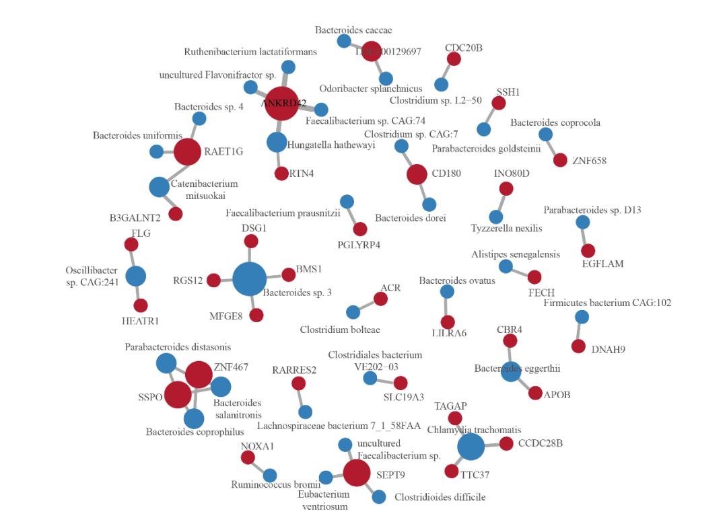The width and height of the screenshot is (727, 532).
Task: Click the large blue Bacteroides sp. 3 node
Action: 250,279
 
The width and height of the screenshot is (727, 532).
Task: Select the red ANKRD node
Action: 281,104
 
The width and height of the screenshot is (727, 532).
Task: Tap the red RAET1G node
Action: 187,151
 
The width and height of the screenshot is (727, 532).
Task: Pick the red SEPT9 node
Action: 356,473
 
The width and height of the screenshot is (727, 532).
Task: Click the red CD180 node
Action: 417,174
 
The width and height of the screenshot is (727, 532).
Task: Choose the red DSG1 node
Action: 251,241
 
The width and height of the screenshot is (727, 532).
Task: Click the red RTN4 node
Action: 281,174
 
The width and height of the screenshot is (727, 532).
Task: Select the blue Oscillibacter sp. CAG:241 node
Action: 136,276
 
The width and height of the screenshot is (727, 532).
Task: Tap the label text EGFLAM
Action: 602,264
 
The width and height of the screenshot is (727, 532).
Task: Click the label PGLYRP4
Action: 359,245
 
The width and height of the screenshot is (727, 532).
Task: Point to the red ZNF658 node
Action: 560,160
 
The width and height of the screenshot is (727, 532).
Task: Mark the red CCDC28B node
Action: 506,443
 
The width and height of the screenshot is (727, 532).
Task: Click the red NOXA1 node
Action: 248,457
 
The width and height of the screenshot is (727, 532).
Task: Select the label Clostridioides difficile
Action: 440,498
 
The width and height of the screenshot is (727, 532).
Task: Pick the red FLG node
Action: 131,245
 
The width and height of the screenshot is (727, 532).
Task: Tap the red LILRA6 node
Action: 448,322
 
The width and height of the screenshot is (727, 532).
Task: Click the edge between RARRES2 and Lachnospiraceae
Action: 302,397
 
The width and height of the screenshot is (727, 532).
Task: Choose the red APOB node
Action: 535,393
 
